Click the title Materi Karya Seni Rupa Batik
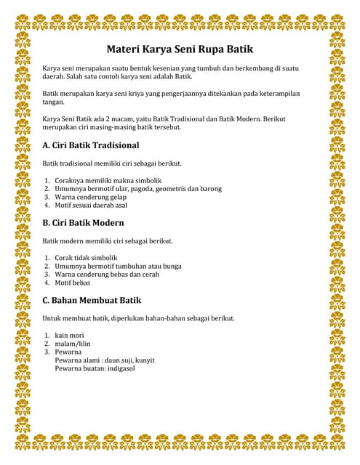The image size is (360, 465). (180, 50)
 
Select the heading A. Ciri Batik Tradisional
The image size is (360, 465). (90, 145)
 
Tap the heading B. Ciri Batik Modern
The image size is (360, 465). (83, 223)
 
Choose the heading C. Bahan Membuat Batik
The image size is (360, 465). (92, 300)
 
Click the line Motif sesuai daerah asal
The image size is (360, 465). (92, 206)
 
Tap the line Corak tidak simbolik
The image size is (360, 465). (86, 258)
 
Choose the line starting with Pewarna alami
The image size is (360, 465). (105, 360)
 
